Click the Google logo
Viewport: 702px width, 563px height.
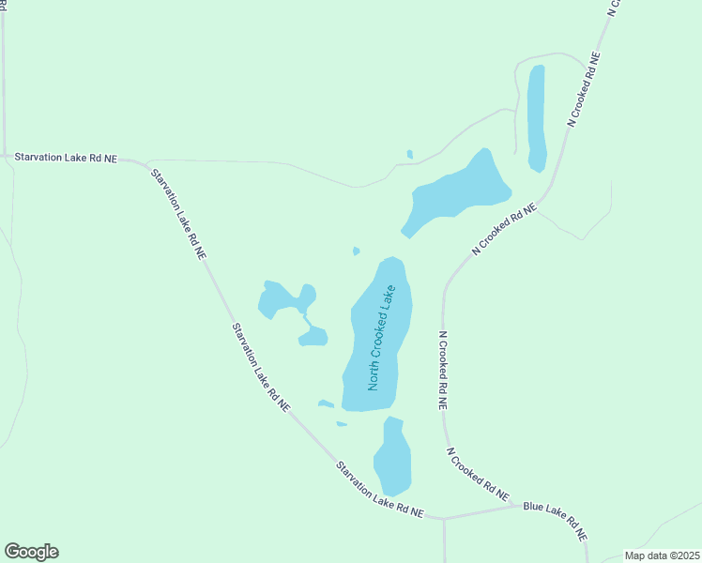tap(31, 552)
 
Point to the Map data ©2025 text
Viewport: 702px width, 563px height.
tap(662, 555)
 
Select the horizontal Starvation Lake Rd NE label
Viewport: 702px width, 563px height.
tap(66, 159)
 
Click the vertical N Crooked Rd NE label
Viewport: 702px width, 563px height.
tap(443, 371)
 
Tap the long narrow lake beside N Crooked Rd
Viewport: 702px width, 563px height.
tap(536, 117)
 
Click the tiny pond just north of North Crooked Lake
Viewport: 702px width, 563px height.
tap(356, 251)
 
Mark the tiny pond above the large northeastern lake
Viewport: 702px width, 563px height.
tap(409, 154)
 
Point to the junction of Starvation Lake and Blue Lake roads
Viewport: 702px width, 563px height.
tap(443, 517)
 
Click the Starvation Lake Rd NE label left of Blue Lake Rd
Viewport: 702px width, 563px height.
tap(381, 489)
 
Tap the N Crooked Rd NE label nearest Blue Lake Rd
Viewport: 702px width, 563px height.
tap(478, 473)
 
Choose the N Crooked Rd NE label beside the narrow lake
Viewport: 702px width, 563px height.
tap(585, 89)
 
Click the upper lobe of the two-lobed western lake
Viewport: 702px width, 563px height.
tap(282, 297)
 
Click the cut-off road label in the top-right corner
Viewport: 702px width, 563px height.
tap(615, 8)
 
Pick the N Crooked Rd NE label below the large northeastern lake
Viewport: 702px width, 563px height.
tap(504, 230)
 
